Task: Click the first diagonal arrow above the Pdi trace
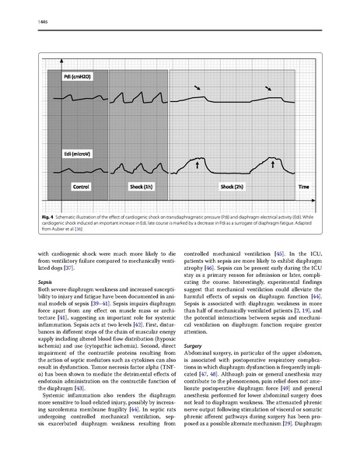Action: pyautogui.click(x=199, y=90)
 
